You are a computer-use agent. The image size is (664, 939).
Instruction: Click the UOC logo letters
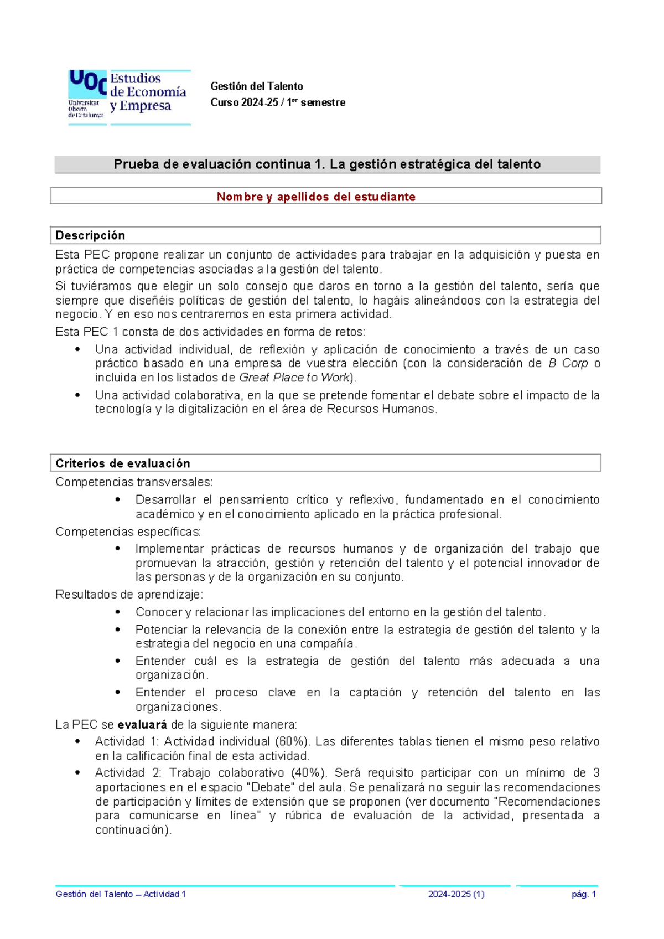point(87,84)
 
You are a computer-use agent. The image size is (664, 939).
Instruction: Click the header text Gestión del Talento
point(256,86)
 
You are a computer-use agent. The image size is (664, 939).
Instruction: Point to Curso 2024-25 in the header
point(242,102)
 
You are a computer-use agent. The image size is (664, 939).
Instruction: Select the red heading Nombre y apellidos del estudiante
point(315,197)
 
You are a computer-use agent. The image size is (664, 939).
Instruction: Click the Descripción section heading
point(90,235)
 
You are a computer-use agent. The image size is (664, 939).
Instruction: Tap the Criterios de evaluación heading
point(122,463)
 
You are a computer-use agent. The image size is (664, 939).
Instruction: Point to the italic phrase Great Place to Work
point(294,378)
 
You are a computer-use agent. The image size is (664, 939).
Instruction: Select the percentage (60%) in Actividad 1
point(292,741)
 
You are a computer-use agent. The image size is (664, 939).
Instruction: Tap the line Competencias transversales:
point(134,482)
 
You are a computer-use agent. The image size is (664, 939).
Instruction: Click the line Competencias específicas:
point(128,532)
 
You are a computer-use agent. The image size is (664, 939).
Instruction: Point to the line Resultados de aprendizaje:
point(129,595)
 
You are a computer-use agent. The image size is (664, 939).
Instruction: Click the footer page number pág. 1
point(584,894)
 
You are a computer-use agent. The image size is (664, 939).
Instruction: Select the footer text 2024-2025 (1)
point(456,894)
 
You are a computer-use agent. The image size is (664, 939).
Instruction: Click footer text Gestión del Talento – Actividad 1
point(121,894)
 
